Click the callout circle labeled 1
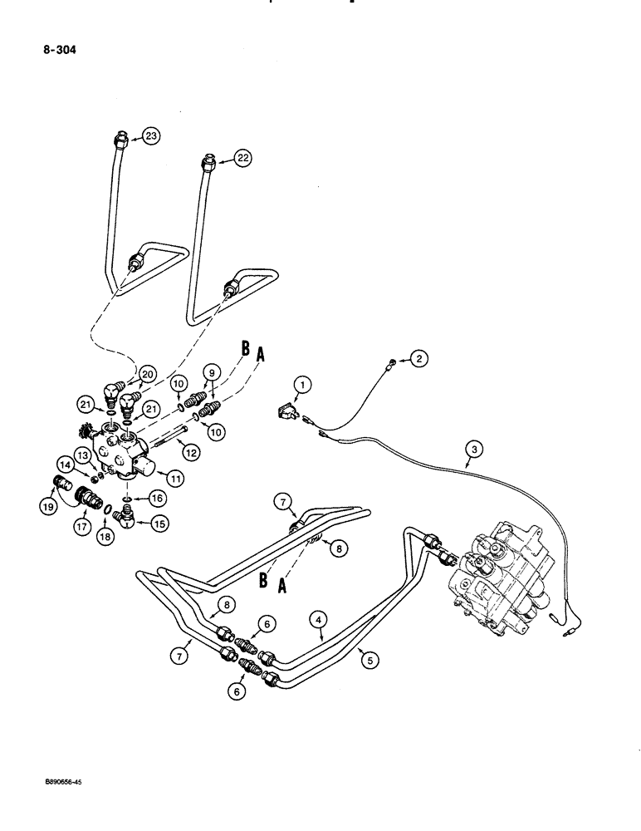(x=304, y=384)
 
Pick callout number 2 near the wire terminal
(x=420, y=359)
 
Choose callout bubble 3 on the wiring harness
(x=473, y=450)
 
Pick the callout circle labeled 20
(x=148, y=374)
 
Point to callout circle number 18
(x=105, y=534)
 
